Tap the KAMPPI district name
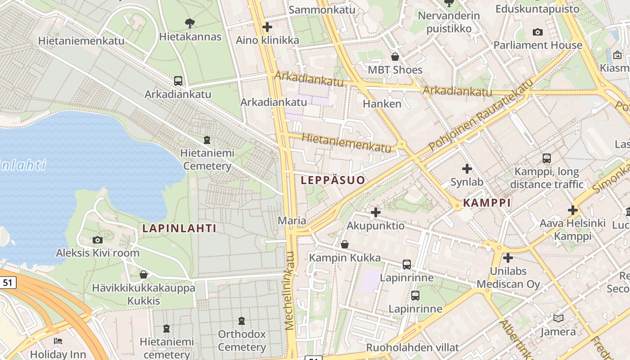487,203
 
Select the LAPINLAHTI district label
179,229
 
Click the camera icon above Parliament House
537,32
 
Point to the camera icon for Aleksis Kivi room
97,240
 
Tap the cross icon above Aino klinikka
267,27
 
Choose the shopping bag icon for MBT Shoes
395,57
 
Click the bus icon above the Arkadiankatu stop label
178,81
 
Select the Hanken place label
382,104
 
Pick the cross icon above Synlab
467,169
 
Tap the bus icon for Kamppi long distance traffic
547,158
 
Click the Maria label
292,221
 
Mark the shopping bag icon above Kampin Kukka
344,244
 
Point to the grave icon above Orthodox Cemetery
242,321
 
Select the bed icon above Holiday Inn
58,341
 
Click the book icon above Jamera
558,318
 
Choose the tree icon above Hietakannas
190,23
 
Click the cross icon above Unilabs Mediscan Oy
508,258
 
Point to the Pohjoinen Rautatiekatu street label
481,115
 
